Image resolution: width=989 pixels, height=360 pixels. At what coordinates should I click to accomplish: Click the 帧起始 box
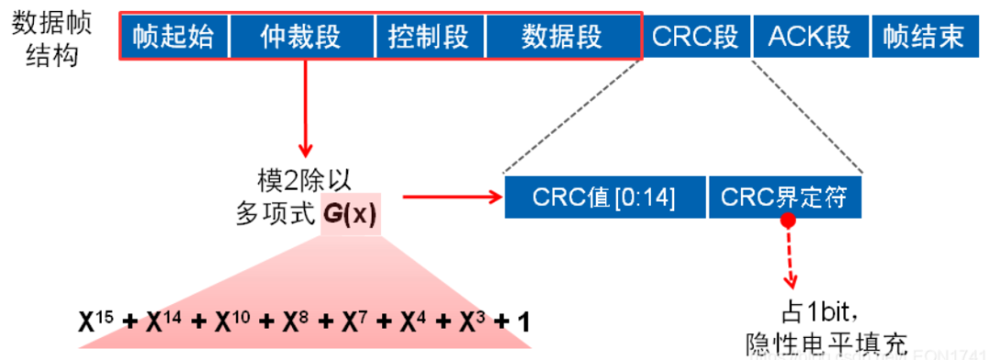point(173,37)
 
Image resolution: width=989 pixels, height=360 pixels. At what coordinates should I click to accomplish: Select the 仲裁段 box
point(301,37)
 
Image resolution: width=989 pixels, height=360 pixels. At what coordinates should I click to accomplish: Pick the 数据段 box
point(562,37)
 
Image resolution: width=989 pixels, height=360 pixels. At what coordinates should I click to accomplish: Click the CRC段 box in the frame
point(696,37)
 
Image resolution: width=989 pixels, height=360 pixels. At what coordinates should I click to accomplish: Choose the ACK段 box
point(809,37)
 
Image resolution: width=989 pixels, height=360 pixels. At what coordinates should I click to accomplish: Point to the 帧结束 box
point(924,37)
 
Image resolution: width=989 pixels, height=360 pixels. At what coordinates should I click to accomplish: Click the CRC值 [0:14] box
point(603,197)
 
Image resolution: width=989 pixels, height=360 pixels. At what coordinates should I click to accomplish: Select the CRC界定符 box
point(784,197)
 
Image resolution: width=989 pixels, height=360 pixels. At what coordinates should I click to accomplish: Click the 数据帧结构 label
point(51,38)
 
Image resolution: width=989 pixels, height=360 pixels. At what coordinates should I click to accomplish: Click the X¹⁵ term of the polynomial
point(97,322)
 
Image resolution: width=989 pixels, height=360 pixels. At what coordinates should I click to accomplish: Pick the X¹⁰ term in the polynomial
point(234,322)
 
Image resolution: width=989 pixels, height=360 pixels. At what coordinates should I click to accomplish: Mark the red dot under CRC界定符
point(787,221)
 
